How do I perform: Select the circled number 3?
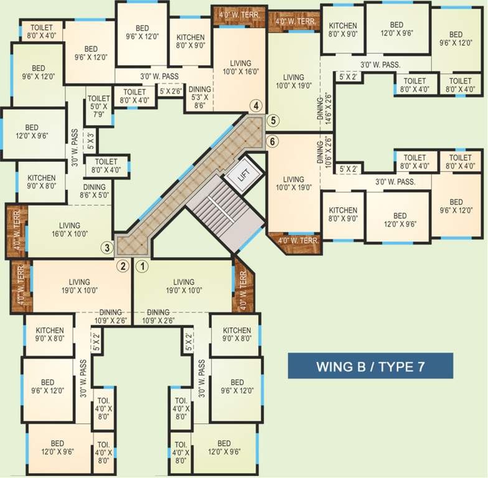(x=108, y=247)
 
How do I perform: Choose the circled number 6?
(x=272, y=141)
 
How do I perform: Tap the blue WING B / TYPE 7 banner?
(x=370, y=366)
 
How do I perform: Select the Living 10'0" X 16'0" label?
(x=240, y=68)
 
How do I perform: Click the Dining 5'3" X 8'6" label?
(x=200, y=98)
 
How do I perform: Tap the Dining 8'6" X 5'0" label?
(x=94, y=190)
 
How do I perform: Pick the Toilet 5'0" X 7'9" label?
(x=98, y=106)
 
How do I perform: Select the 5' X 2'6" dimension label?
(x=170, y=91)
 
